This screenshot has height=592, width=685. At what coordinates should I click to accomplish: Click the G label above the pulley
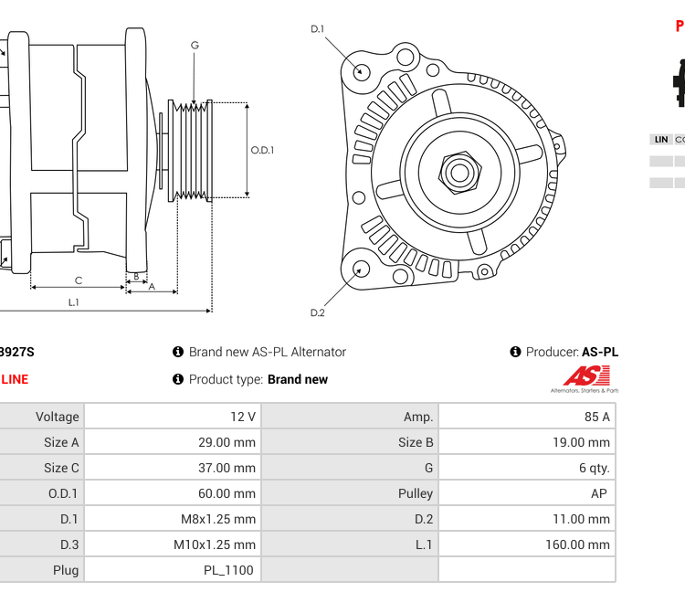(195, 46)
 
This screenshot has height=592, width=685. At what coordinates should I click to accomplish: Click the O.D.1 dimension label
(262, 151)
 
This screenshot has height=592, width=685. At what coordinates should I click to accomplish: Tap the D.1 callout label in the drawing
(317, 29)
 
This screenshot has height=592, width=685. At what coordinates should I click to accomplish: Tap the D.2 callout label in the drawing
(317, 312)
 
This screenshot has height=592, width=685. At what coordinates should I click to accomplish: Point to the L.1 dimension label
(73, 302)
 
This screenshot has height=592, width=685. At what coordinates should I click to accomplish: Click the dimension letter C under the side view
(78, 280)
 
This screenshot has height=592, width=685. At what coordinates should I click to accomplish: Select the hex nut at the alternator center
(459, 171)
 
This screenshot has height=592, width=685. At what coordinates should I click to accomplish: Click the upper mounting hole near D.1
(362, 71)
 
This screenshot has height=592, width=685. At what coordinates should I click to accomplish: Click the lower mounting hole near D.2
(362, 269)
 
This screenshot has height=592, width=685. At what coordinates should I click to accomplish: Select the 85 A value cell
(527, 417)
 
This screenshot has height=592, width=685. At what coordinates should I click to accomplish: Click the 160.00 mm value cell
(527, 544)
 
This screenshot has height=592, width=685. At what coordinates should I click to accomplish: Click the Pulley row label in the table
(416, 493)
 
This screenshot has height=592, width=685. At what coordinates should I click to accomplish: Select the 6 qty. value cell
(527, 468)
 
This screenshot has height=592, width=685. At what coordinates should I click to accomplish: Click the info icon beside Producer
(515, 352)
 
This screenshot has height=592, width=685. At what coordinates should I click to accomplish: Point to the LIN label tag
(660, 140)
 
